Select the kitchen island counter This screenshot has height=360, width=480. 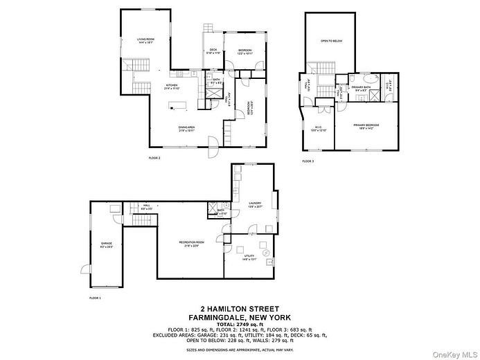[x=178, y=106]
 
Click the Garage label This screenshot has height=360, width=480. [x=106, y=244]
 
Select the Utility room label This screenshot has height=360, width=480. [x=250, y=258]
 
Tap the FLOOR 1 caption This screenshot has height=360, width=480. [x=95, y=298]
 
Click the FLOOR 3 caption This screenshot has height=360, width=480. [x=308, y=161]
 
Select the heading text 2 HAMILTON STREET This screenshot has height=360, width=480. [x=240, y=309]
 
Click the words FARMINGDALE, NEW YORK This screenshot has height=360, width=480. [x=240, y=317]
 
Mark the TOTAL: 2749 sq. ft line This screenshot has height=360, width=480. [x=240, y=324]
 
